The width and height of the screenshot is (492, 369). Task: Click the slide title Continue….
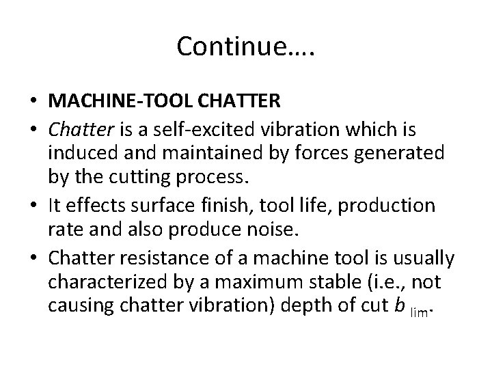[x=246, y=47]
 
